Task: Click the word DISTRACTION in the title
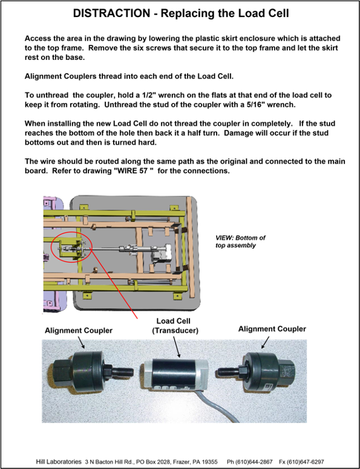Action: (112, 13)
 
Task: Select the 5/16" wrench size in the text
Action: (242, 105)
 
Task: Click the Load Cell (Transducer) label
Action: (173, 326)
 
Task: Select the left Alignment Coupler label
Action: (79, 331)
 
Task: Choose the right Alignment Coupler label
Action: (272, 329)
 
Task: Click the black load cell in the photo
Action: (174, 374)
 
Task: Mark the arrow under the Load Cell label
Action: (177, 347)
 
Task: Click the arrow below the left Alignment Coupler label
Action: (81, 343)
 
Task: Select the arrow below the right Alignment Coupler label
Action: (265, 342)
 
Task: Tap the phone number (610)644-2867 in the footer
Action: (249, 461)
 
